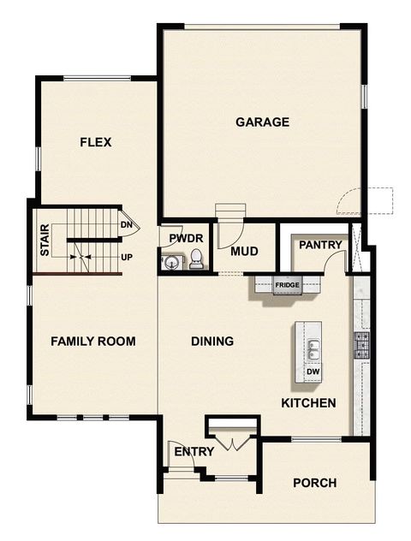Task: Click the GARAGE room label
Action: (262, 122)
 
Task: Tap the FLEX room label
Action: (96, 142)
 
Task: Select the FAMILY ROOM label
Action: (92, 342)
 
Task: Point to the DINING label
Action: (212, 342)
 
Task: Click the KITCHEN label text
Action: (308, 403)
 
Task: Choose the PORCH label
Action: (314, 483)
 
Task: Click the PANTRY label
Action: (320, 245)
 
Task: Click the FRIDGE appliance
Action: (286, 285)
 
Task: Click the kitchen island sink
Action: (313, 348)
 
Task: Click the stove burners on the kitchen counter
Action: (360, 345)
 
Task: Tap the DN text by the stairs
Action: (126, 225)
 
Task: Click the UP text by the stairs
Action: (127, 256)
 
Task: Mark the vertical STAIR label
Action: (45, 241)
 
